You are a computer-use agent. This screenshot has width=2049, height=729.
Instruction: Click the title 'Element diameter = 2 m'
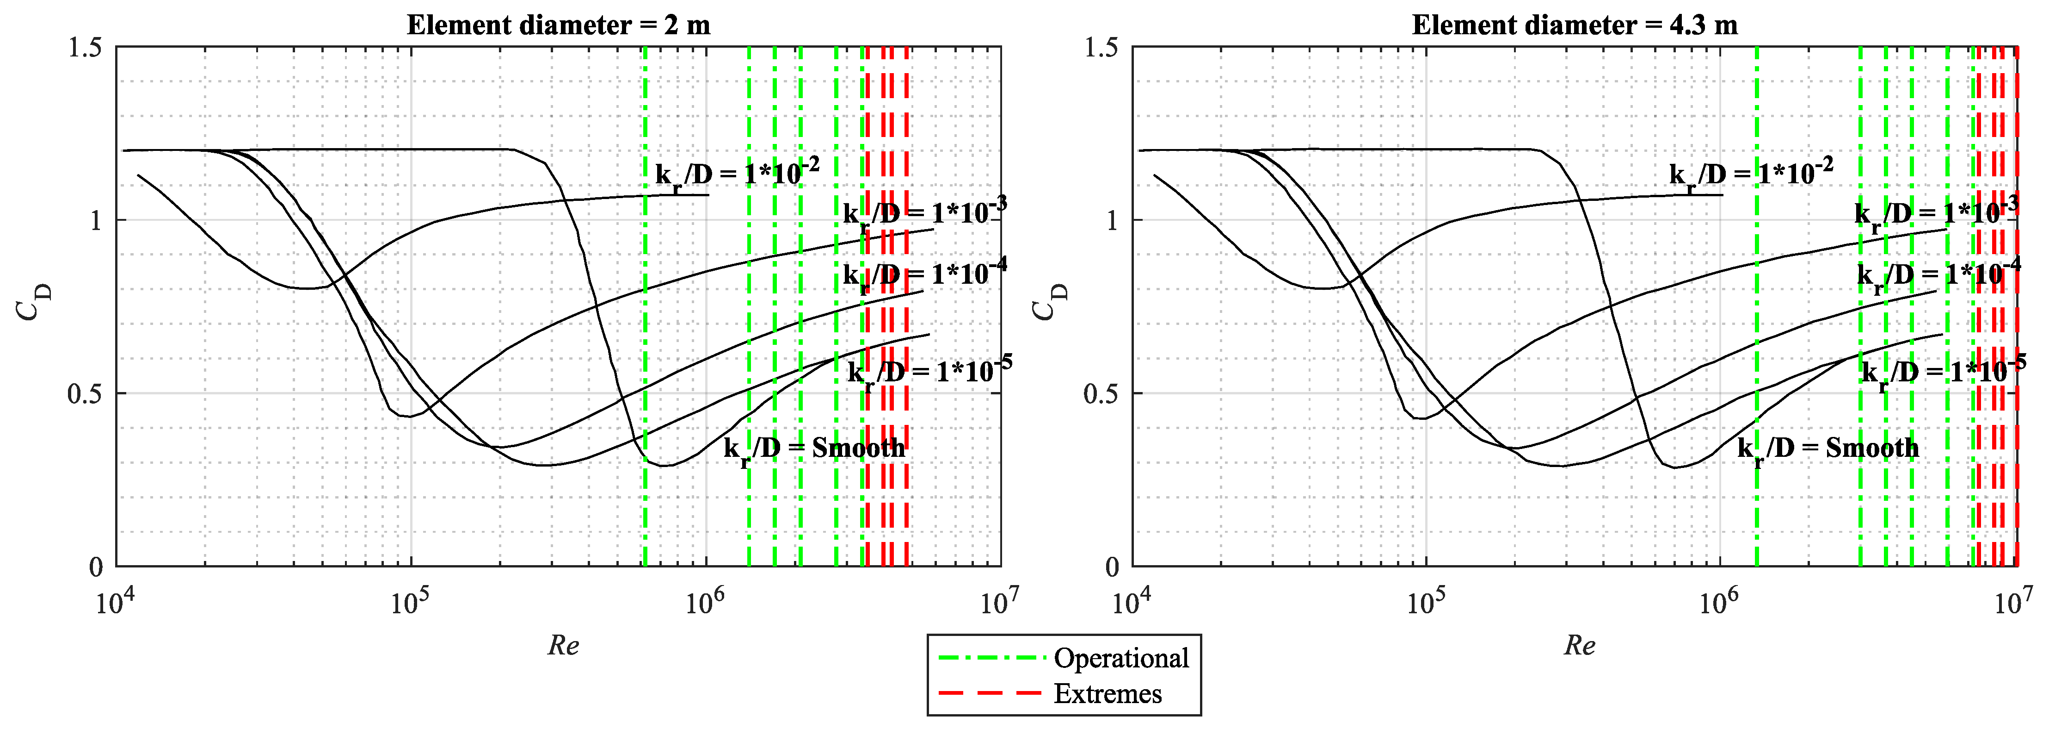click(x=559, y=25)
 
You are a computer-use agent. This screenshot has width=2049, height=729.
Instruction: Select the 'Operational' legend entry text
click(x=1121, y=658)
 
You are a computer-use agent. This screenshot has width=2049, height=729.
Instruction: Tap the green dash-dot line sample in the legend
click(x=991, y=658)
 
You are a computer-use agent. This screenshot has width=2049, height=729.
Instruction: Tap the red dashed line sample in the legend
click(x=991, y=693)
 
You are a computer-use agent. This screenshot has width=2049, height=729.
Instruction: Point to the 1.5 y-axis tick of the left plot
click(x=85, y=48)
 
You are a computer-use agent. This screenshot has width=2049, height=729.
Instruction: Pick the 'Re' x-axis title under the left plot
click(x=563, y=645)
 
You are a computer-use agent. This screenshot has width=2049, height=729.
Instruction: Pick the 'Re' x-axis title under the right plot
click(x=1580, y=645)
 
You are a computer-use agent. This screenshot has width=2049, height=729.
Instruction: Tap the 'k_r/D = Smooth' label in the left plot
click(x=814, y=449)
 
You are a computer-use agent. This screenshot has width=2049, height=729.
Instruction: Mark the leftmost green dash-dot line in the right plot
click(x=1756, y=318)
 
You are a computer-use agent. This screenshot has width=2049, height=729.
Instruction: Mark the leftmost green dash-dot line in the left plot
click(x=645, y=318)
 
